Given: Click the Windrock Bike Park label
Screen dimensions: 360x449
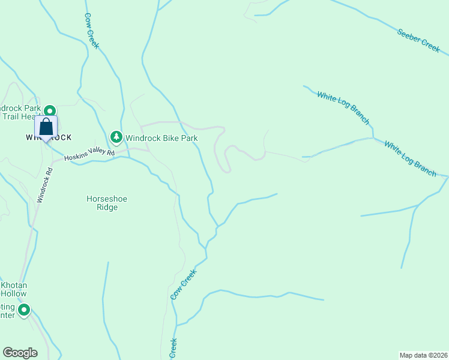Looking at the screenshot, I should click(161, 138).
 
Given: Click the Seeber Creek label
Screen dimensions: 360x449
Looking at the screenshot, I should click(418, 40).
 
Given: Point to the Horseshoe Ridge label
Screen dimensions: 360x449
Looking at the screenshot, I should click(107, 203).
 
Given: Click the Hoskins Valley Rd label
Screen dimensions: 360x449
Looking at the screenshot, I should click(89, 155).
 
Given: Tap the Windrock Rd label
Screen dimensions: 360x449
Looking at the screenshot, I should click(44, 184).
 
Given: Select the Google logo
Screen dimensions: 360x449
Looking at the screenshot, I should click(20, 353).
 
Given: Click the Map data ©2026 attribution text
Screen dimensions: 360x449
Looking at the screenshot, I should click(423, 355).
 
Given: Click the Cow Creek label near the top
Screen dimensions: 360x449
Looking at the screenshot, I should click(92, 31).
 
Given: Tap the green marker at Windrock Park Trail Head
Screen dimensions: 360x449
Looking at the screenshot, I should click(50, 111).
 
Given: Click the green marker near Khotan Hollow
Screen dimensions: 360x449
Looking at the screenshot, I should click(24, 310).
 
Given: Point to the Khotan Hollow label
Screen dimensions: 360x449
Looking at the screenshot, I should click(13, 289).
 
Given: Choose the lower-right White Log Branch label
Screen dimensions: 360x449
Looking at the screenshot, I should click(411, 158).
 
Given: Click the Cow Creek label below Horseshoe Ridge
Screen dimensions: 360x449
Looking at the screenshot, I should click(184, 284).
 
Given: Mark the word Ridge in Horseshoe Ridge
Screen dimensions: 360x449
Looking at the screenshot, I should click(107, 208).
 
